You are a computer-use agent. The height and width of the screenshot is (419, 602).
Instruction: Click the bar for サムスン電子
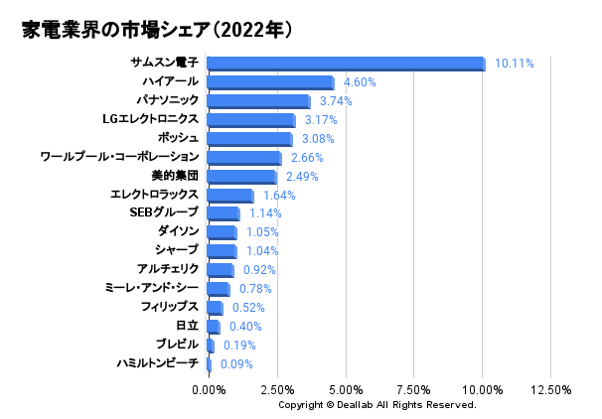coord(346,64)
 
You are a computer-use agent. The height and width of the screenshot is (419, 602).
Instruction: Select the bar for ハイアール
coord(270,82)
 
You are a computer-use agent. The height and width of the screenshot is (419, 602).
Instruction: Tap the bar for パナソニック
coord(258,101)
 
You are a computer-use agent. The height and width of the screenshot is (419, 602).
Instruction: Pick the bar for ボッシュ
coord(249,139)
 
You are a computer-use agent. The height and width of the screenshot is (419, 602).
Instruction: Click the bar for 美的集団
coord(241,177)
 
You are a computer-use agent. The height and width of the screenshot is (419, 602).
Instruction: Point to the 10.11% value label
coord(515,64)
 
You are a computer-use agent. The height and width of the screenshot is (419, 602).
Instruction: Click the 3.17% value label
coord(322,120)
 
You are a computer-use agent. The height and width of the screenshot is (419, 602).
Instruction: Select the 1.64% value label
coord(279,196)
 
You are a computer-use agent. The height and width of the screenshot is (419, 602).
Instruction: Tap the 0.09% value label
coord(236,364)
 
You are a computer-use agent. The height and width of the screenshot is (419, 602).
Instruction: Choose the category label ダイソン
coord(178,231)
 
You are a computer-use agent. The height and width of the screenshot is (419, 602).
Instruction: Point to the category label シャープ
coord(178,250)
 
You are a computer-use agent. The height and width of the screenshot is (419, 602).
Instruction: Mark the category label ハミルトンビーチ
coord(157,363)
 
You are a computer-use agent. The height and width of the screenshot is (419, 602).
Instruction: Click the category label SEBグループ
coord(164,212)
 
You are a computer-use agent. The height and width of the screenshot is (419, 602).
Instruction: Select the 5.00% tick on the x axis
coord(345,389)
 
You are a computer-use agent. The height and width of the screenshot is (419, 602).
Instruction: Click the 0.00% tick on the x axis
coord(209,389)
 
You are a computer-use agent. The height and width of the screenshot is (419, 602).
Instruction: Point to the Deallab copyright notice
coord(376,405)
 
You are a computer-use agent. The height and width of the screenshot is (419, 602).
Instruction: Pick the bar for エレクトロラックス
coord(230,196)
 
